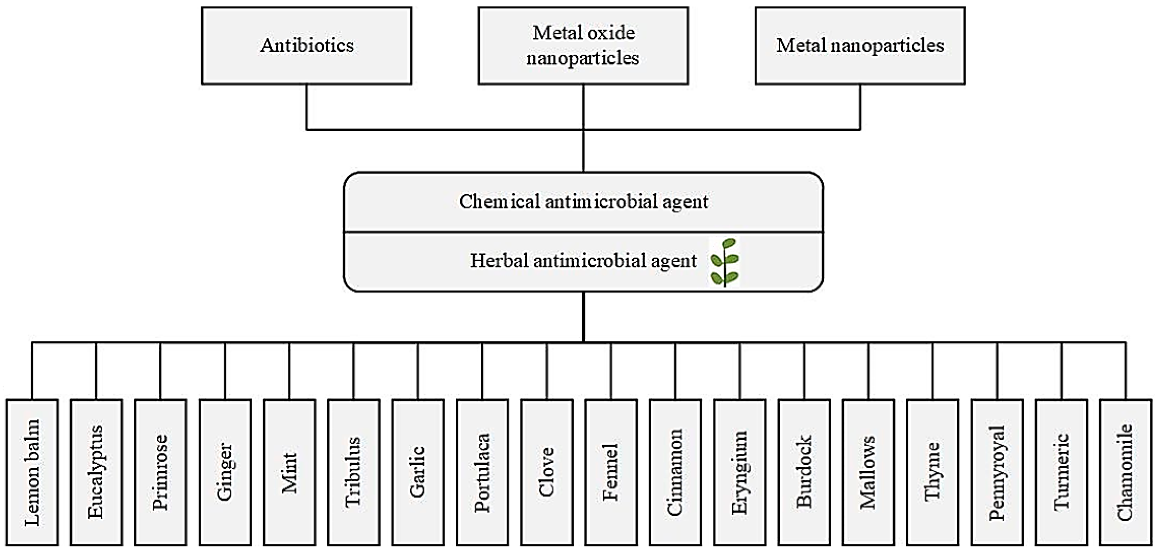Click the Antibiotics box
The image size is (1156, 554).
[306, 45]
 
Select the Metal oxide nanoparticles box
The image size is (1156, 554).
[583, 45]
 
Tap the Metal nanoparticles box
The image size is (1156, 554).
[860, 45]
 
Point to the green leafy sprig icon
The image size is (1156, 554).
[724, 262]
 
